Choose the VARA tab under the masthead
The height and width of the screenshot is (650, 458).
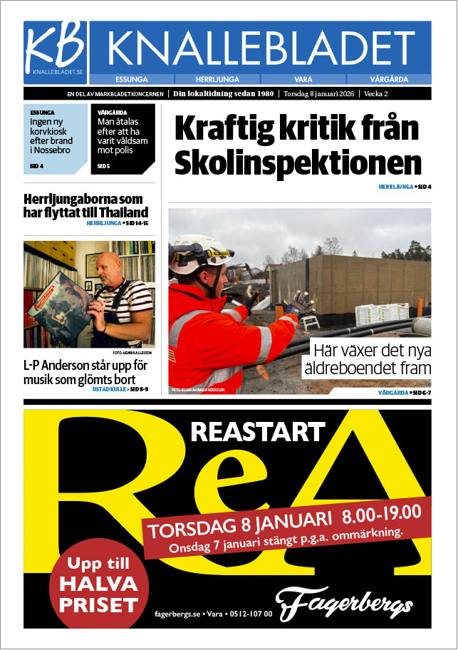point(303,79)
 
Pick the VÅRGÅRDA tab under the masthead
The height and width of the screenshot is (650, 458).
point(388,79)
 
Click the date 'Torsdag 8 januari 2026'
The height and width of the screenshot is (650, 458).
point(320,94)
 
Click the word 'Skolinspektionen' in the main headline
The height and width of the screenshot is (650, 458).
point(298,163)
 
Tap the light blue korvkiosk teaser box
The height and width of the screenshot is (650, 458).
point(55,138)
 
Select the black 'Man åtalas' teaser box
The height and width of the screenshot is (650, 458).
point(123,138)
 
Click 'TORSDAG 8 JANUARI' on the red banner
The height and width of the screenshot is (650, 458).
point(241,526)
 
